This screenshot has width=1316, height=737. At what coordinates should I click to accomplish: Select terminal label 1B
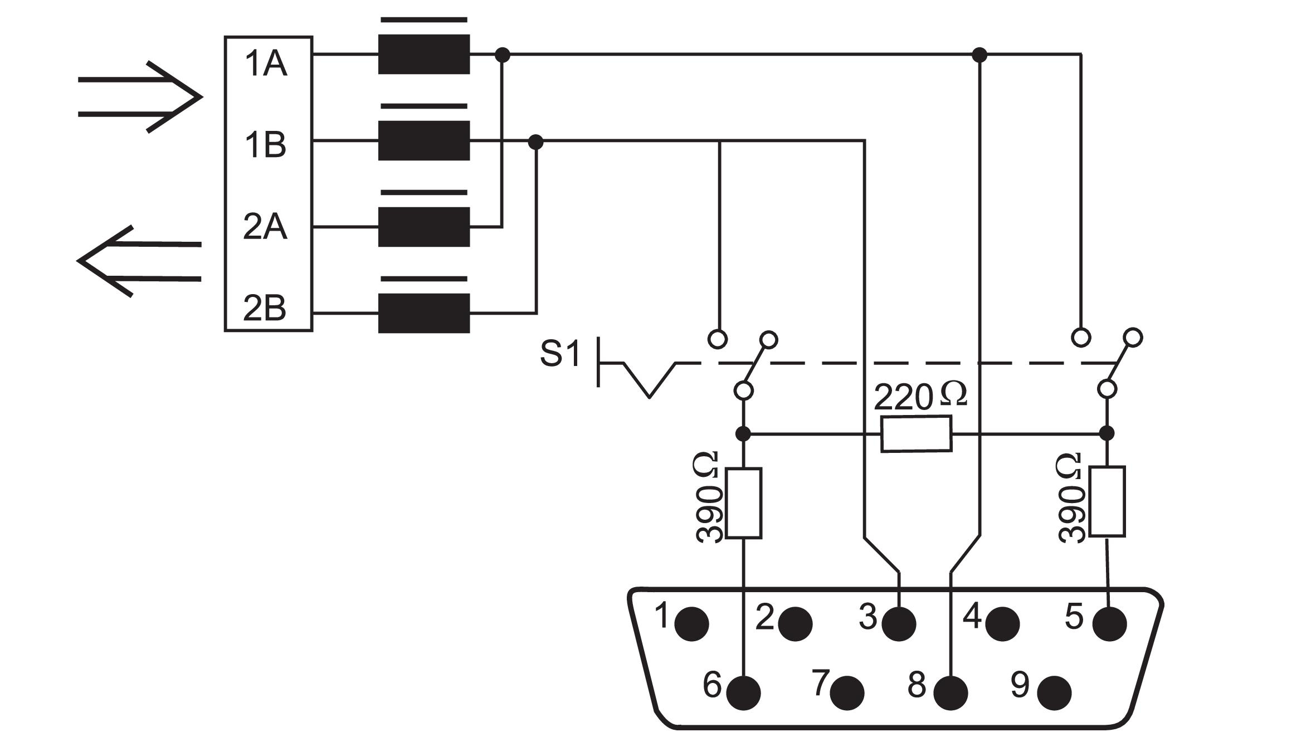pyautogui.click(x=266, y=144)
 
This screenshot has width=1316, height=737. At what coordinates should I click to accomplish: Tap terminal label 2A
pyautogui.click(x=265, y=227)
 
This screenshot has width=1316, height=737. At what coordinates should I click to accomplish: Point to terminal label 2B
pyautogui.click(x=265, y=308)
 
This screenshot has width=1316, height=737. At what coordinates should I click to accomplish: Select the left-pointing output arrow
pyautogui.click(x=139, y=261)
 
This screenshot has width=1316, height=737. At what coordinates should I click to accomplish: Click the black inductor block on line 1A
pyautogui.click(x=424, y=54)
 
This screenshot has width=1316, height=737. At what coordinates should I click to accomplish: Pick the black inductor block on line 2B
pyautogui.click(x=424, y=313)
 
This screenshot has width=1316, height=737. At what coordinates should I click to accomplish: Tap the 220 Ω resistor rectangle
pyautogui.click(x=916, y=434)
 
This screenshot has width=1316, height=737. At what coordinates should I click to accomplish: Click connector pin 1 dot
pyautogui.click(x=691, y=623)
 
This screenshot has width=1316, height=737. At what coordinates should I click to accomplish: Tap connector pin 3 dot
pyautogui.click(x=899, y=623)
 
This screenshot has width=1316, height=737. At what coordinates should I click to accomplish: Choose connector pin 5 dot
pyautogui.click(x=1109, y=623)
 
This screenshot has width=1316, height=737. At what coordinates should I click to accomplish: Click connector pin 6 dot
pyautogui.click(x=743, y=692)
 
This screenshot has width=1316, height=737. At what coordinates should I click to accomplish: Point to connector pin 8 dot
pyautogui.click(x=951, y=692)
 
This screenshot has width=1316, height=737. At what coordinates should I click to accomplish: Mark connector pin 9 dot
pyautogui.click(x=1055, y=692)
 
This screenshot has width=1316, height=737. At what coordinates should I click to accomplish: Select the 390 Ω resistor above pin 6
pyautogui.click(x=744, y=503)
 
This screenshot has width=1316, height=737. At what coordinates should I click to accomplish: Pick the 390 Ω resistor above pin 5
pyautogui.click(x=1107, y=501)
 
